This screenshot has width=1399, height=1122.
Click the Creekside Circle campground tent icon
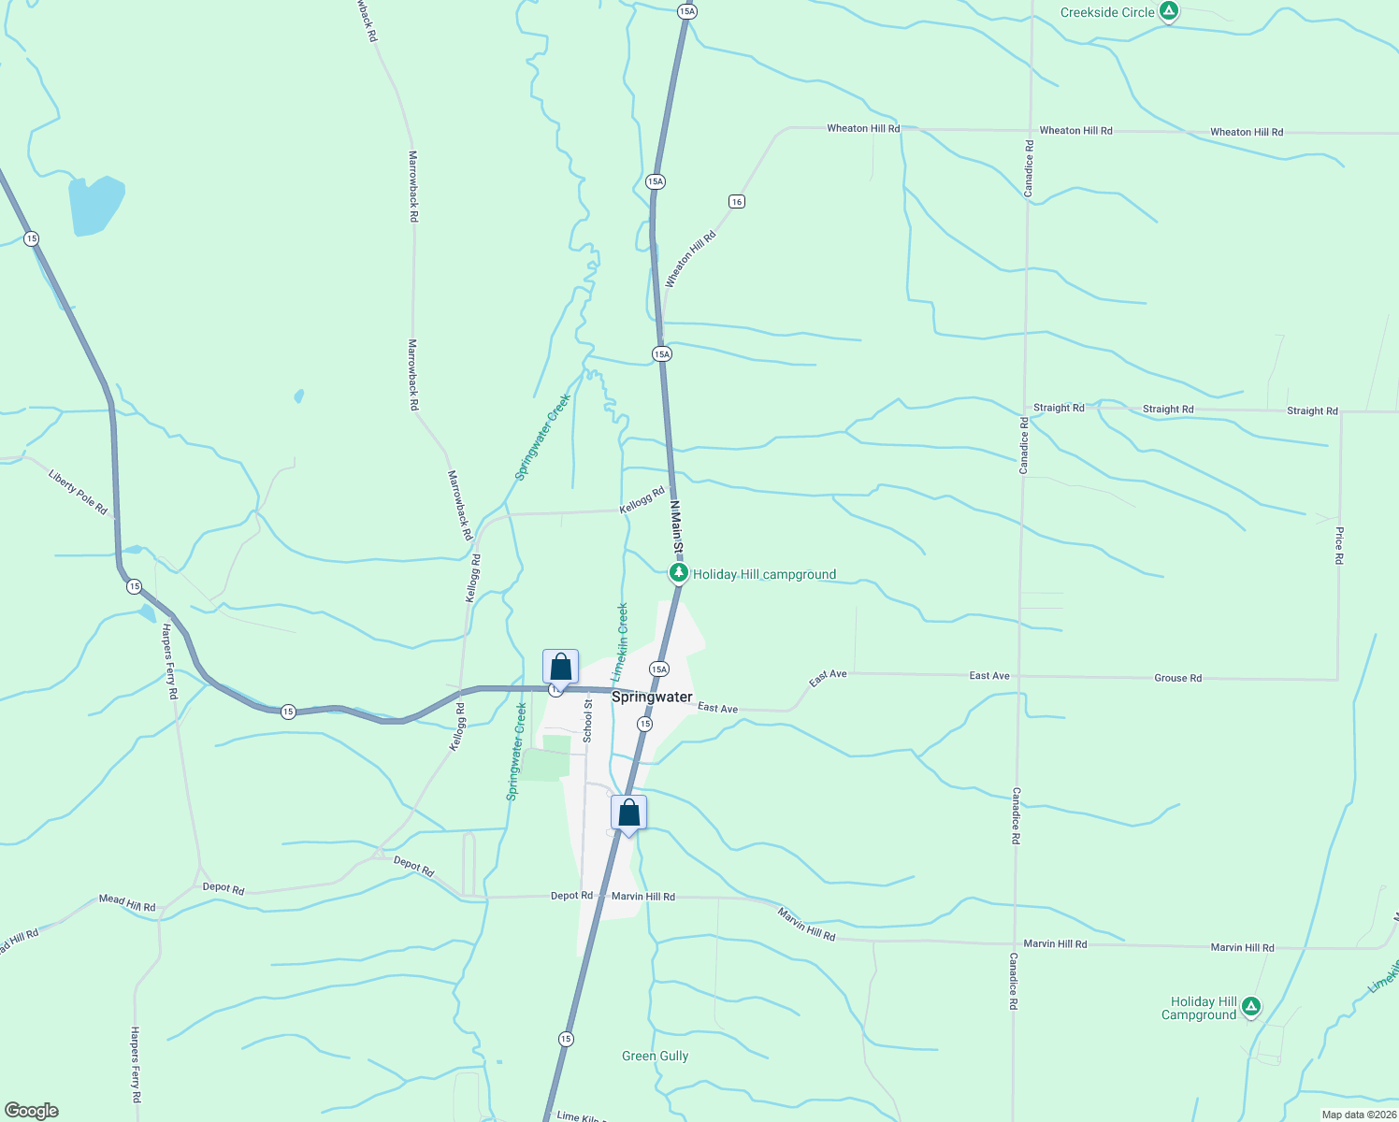coord(1168,12)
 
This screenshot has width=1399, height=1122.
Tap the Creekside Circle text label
coord(1107,13)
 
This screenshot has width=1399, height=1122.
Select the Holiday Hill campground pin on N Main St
coord(679,572)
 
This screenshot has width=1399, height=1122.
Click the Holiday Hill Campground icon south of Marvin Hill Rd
coord(1251,1007)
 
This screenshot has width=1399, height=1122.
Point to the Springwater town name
coord(652,697)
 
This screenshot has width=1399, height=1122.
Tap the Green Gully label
coord(655,1056)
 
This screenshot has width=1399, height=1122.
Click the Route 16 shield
coord(737,202)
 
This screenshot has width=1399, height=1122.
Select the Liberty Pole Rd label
coord(78,492)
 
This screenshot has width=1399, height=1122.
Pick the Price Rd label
coord(1339,545)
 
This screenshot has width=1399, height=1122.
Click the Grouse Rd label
coord(1177,678)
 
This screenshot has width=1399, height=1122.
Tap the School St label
coord(588,721)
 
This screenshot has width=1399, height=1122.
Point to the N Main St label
coord(677,526)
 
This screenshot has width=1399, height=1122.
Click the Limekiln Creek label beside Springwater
coord(619,643)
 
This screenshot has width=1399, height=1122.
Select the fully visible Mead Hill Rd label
coord(127,902)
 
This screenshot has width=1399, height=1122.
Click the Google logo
coord(31,1111)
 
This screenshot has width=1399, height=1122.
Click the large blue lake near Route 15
coord(95,205)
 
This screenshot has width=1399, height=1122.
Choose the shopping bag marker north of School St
coord(560,668)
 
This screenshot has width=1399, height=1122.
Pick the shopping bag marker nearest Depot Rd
coord(628,813)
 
